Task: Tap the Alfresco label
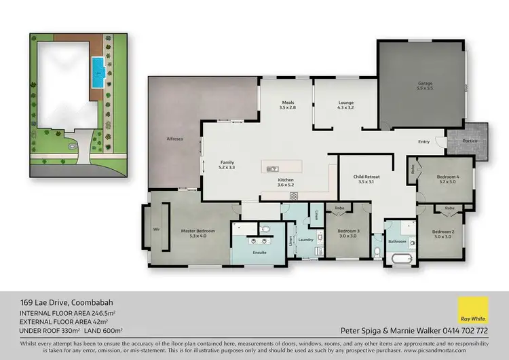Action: pos(176,139)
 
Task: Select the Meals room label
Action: pos(288,104)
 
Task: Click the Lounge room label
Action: pos(347,104)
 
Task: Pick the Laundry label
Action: pos(305,239)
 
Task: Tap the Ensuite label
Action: pos(260,253)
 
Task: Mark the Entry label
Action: pos(423,142)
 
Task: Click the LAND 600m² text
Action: pos(103,330)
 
